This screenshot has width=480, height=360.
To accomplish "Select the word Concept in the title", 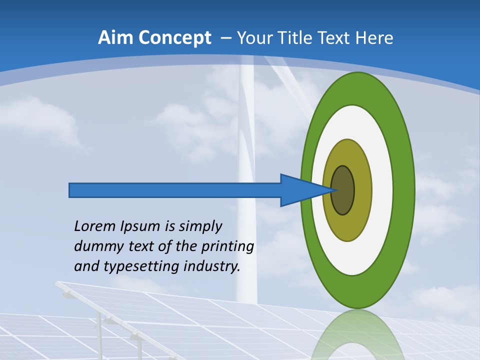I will pos(174,38).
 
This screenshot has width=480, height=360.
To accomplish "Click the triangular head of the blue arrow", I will pos(300,190).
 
